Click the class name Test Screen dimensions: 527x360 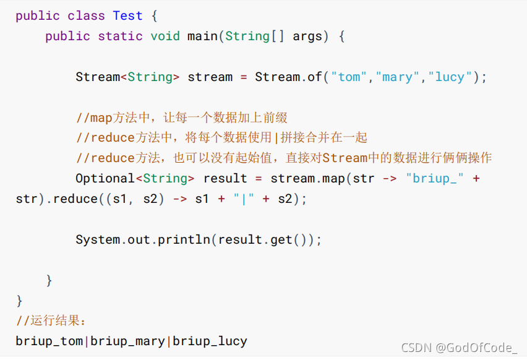pyautogui.click(x=127, y=15)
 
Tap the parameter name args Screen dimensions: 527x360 pyautogui.click(x=307, y=36)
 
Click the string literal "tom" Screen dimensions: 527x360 pyautogui.click(x=349, y=77)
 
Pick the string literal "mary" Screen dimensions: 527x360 pyautogui.click(x=397, y=77)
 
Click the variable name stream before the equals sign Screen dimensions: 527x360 pyautogui.click(x=210, y=77)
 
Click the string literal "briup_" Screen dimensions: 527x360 pyautogui.click(x=436, y=178)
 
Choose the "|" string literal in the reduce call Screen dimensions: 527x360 pyautogui.click(x=243, y=199)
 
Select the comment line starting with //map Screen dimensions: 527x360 pyautogui.click(x=181, y=118)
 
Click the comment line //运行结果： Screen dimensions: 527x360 pyautogui.click(x=53, y=320)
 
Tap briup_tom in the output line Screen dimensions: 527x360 pyautogui.click(x=49, y=341)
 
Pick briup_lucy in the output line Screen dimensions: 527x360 pyautogui.click(x=210, y=341)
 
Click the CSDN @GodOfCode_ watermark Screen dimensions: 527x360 pyautogui.click(x=458, y=348)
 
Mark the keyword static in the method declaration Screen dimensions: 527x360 pyautogui.click(x=120, y=36)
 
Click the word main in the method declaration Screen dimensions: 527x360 pyautogui.click(x=202, y=36)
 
